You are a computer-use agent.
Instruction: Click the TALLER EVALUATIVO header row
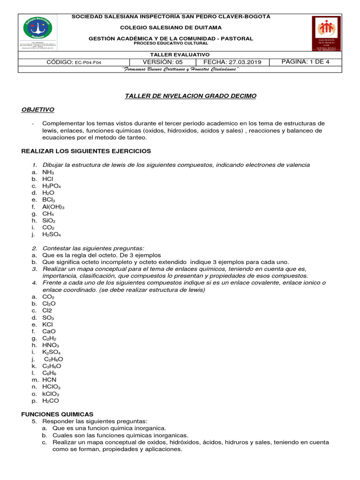[180, 54]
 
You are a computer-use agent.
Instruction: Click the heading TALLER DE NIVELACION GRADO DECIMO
[190, 96]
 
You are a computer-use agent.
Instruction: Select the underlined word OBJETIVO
[38, 110]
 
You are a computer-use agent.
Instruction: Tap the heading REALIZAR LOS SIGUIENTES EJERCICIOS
[86, 151]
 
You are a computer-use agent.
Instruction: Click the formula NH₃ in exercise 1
[48, 172]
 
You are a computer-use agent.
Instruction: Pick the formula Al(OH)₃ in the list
[53, 207]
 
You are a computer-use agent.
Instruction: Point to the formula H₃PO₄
[52, 186]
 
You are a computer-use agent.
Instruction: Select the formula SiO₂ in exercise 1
[49, 220]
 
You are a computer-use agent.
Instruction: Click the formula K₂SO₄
[52, 352]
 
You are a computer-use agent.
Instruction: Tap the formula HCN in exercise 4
[50, 380]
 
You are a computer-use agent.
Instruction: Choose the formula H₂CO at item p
[51, 400]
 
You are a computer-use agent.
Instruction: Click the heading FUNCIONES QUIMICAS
[58, 414]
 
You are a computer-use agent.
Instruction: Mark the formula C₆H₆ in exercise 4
[49, 373]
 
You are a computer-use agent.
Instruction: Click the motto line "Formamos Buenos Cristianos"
[180, 69]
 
